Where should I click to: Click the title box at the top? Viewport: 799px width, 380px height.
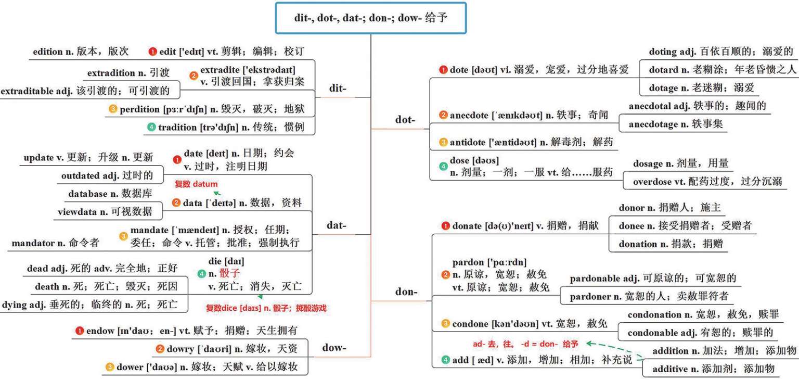coord(370,18)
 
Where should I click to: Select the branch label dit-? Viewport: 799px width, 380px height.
coord(338,88)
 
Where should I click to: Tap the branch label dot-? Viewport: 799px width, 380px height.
coord(405,120)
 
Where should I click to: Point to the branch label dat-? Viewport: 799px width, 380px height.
coord(337,225)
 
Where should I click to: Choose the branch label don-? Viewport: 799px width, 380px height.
coord(406,292)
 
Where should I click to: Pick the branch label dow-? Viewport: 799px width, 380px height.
coord(334,348)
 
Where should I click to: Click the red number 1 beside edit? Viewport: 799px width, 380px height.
coord(152,52)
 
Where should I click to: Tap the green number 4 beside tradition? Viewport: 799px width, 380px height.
coord(151,127)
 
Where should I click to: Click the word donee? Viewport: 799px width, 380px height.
coord(632,226)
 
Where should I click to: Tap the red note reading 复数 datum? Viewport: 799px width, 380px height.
coord(196,184)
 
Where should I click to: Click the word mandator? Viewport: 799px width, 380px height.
coord(33,243)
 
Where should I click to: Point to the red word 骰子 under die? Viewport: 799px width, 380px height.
coord(229,274)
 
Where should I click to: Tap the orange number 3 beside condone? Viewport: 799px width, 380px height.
coord(445,324)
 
